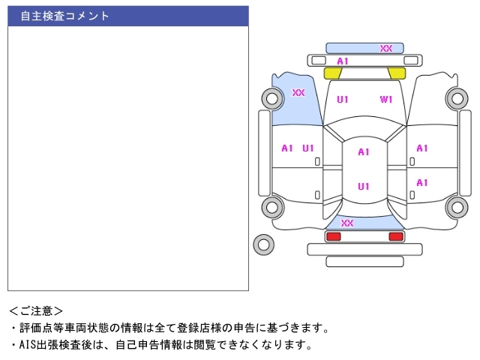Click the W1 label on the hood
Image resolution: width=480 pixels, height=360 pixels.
point(386,99)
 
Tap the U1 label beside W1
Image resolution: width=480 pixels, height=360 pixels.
point(343,99)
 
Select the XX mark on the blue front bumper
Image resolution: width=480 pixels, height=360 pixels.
point(386,48)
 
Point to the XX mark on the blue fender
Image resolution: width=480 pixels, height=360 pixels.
point(298,93)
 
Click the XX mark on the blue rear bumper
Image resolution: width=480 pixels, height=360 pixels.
point(347,223)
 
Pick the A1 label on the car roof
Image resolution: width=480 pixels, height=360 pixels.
point(364,152)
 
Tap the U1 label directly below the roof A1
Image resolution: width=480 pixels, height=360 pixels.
point(364,187)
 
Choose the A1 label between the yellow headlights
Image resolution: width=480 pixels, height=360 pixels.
point(343,61)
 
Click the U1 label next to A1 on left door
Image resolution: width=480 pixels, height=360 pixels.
point(308,148)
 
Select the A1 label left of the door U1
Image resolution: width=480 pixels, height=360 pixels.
point(287,148)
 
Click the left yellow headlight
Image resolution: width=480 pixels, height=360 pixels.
point(333,73)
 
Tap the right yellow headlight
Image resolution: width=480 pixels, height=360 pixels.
point(397,73)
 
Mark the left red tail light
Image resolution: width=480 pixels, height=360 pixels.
point(333,236)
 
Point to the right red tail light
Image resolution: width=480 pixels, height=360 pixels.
point(395,236)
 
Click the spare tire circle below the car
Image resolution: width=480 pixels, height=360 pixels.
point(264,244)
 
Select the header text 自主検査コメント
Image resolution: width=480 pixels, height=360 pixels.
point(64,16)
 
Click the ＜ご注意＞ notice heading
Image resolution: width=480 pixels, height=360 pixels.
point(37,310)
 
